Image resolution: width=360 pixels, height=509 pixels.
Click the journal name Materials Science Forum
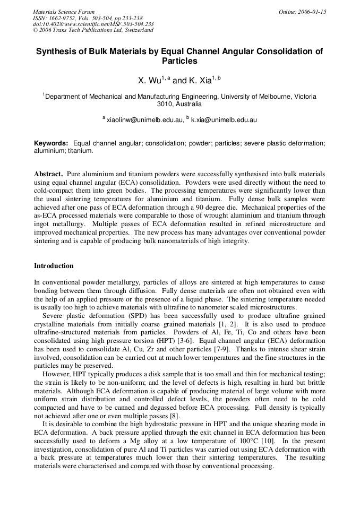(x=64, y=12)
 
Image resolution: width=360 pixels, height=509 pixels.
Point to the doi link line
(x=93, y=24)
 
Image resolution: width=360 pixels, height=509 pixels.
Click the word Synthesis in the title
(x=56, y=51)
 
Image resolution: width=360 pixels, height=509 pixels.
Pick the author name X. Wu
(x=149, y=81)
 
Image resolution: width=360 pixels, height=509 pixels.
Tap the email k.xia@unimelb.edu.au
(x=224, y=120)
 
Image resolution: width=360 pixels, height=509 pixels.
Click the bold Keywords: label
(x=51, y=143)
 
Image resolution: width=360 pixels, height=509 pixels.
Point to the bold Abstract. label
(x=49, y=174)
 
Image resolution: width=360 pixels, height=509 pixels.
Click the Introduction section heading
(x=54, y=265)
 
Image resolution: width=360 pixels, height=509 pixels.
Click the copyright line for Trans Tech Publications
(x=93, y=30)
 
